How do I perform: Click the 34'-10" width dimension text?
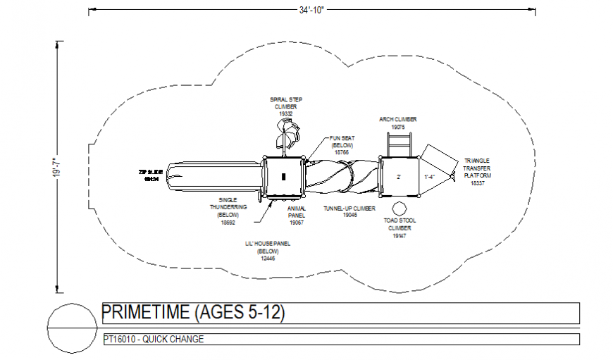pos(311,11)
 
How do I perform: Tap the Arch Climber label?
pos(397,123)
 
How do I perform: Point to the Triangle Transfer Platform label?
pos(477,171)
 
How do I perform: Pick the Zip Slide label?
pos(151,175)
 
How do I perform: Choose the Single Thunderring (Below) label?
pos(227,211)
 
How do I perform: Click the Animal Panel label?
pos(296,216)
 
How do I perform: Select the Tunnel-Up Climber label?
pos(349,211)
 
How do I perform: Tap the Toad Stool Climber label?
pos(400,228)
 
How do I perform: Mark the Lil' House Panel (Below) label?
pos(267,251)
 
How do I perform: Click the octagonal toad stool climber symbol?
pos(399,209)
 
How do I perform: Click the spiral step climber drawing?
pos(287,134)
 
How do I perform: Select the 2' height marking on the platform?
pos(398,176)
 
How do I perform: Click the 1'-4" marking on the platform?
pos(429,176)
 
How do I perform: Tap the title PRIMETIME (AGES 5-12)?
pos(194,312)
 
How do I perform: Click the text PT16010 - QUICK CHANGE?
pos(153,340)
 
